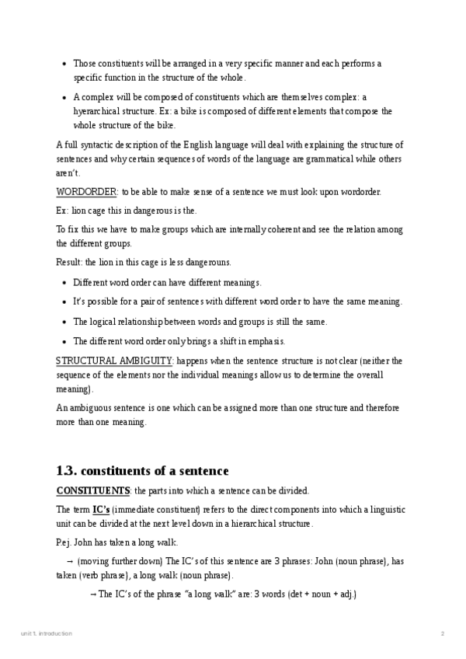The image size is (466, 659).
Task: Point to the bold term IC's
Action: [101, 509]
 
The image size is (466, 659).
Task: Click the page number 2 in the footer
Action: [443, 633]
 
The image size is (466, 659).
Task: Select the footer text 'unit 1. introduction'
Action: [47, 633]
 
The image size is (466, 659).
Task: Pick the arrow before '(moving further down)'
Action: [70, 561]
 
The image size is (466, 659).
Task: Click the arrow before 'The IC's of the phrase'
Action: [93, 594]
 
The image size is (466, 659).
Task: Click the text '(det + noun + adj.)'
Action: [320, 594]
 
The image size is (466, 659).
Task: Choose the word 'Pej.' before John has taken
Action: [64, 542]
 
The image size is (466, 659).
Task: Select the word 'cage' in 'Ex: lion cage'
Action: [99, 211]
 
